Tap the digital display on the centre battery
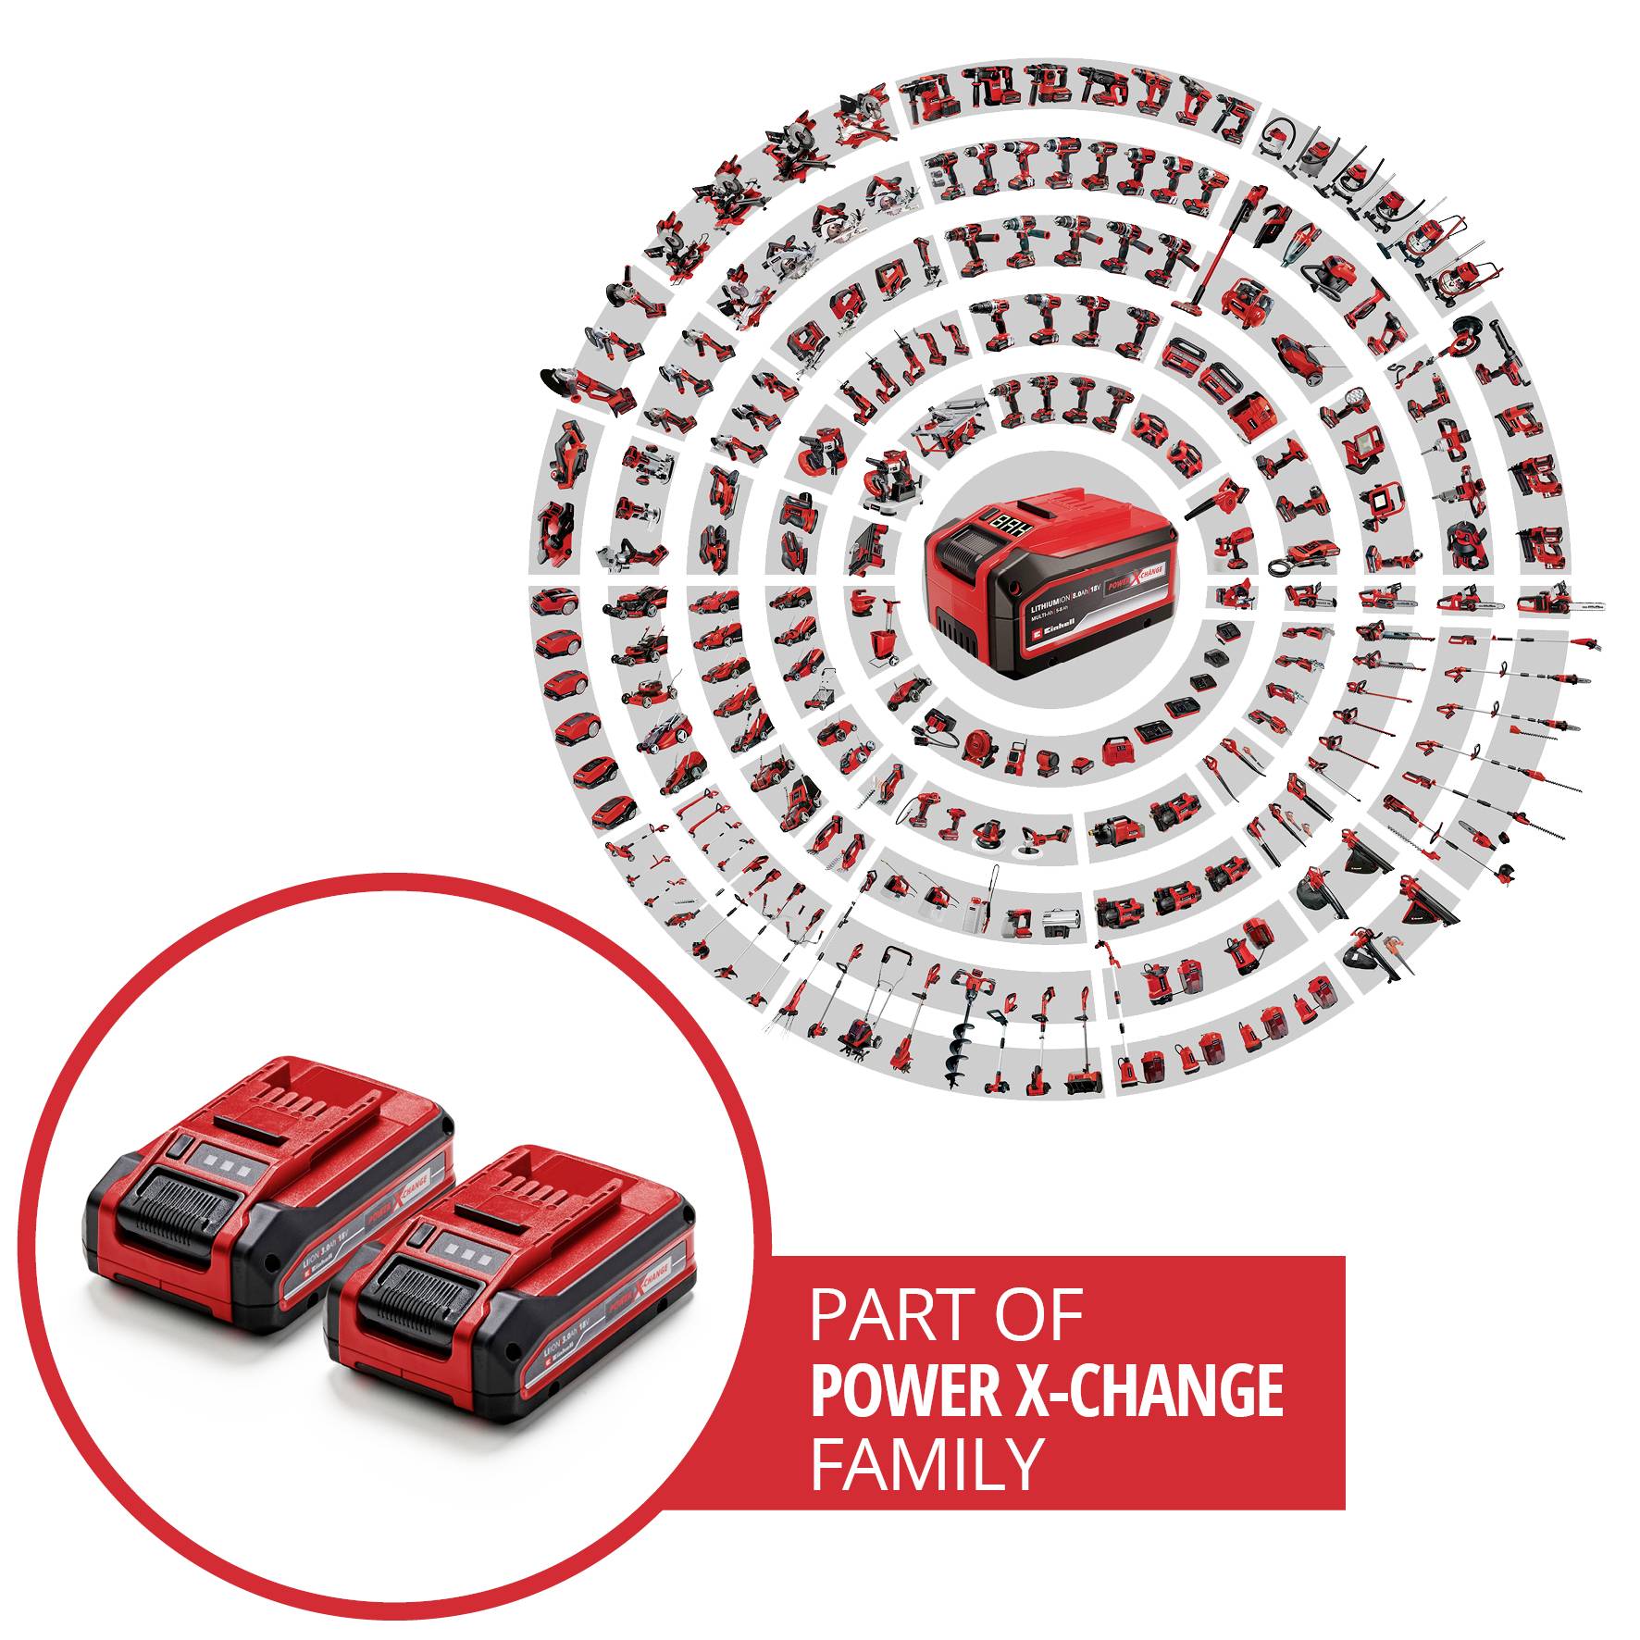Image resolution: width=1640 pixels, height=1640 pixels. click(x=1005, y=524)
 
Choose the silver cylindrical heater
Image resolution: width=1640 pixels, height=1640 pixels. click(x=1060, y=922)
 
